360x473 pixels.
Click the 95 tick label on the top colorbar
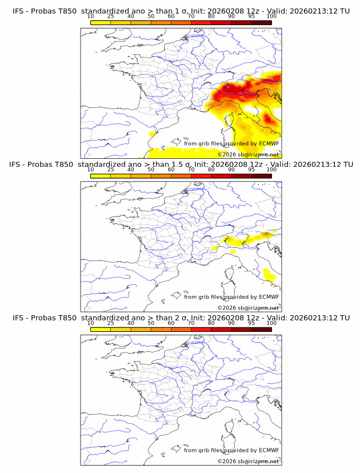pos(251,16)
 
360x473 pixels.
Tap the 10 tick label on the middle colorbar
pos(91,169)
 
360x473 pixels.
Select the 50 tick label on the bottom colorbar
pos(151,323)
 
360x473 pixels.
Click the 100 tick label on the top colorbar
pos(271,16)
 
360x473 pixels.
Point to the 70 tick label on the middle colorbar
pos(191,169)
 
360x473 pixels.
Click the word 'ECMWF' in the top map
pos(269,144)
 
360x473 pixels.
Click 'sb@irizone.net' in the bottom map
pos(258,461)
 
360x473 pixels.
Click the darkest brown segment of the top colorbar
pos(261,22)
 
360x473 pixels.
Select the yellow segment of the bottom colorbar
pos(101,328)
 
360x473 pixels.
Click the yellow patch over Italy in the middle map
pos(269,276)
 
